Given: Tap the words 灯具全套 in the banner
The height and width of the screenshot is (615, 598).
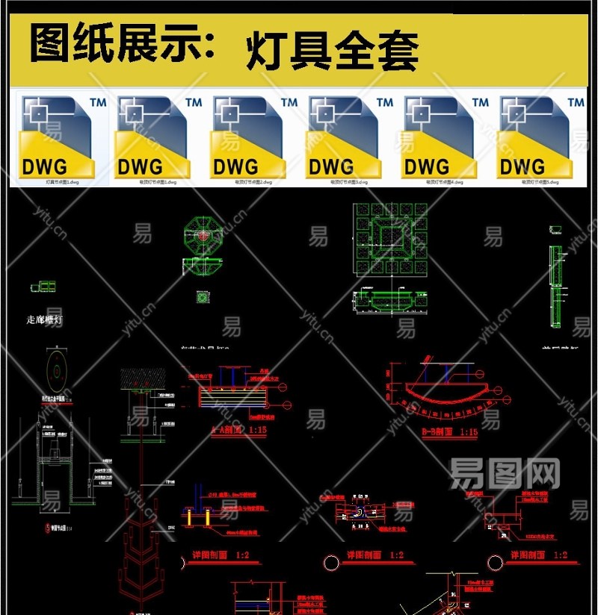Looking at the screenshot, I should (x=332, y=50).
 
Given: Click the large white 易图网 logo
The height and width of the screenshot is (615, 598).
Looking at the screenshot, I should (x=505, y=473).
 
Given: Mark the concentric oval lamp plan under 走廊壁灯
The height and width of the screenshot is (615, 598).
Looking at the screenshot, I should (x=56, y=369).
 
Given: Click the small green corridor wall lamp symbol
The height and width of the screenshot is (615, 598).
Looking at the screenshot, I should (x=43, y=286).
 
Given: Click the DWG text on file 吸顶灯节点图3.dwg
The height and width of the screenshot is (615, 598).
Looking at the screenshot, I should (x=331, y=166).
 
